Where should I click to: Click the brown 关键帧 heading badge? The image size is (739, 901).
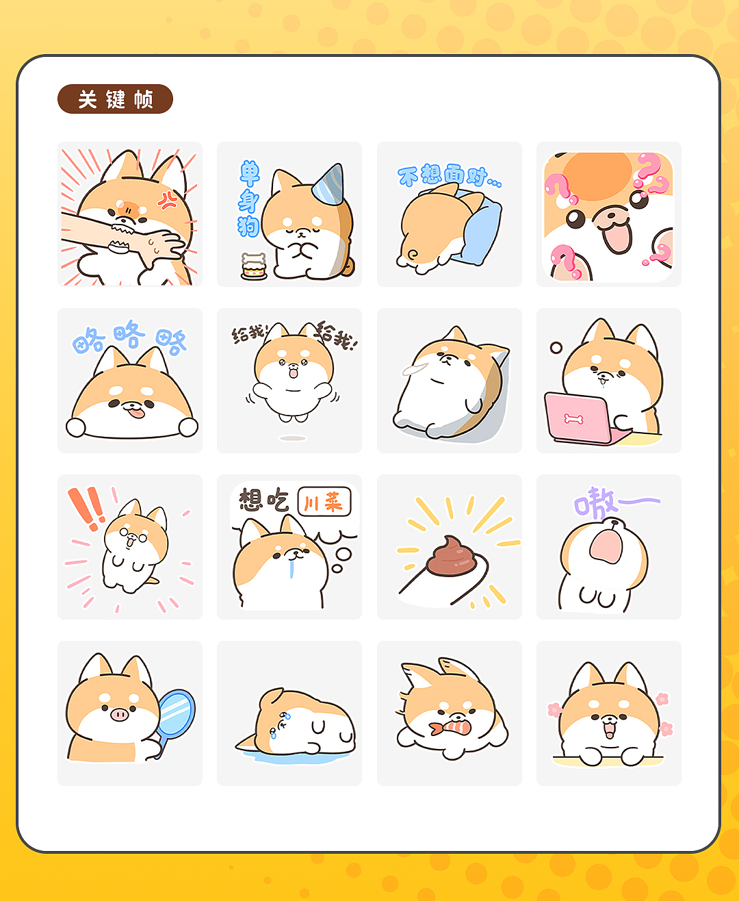pyautogui.click(x=115, y=99)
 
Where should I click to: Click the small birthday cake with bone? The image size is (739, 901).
pyautogui.click(x=253, y=267)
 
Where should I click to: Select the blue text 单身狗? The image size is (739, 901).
pyautogui.click(x=248, y=199)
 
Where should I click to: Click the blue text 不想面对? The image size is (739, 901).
pyautogui.click(x=448, y=176)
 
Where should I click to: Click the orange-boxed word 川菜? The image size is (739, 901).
pyautogui.click(x=324, y=503)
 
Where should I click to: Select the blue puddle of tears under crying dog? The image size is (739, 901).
pyautogui.click(x=294, y=756)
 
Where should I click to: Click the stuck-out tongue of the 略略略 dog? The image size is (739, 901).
pyautogui.click(x=137, y=411)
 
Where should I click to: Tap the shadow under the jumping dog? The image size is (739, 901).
pyautogui.click(x=293, y=437)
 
